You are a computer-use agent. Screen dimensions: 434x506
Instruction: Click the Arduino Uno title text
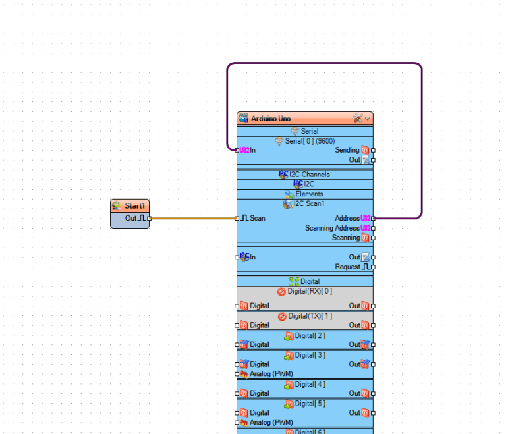pos(270,119)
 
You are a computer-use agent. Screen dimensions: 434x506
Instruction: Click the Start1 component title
pos(134,206)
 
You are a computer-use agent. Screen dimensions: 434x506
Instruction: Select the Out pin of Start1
pos(150,218)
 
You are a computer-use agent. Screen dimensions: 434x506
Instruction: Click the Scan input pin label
pos(256,218)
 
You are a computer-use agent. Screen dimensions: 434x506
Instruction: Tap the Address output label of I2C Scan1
pos(347,218)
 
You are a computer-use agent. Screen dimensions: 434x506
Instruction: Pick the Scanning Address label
pos(332,228)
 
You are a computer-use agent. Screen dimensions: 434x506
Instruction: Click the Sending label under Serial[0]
pos(347,150)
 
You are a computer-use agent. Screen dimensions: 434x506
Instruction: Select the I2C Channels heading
pos(309,175)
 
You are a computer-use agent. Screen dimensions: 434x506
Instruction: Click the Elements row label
pos(309,194)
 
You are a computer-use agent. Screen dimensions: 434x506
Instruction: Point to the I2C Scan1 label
pos(309,204)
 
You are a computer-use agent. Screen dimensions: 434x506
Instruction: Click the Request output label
pos(347,267)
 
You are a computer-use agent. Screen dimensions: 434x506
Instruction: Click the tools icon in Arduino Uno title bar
pos(358,119)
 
